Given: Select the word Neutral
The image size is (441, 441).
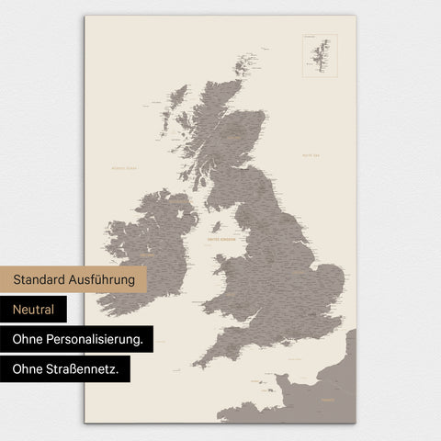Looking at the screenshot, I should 34,310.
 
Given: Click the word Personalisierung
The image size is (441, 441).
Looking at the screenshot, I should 99,339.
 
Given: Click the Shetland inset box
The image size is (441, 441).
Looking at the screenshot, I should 319,55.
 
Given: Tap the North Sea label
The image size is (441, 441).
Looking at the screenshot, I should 311,156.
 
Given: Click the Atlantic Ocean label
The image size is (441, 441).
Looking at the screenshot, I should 122,168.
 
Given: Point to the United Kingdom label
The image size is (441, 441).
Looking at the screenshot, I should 221,238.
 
